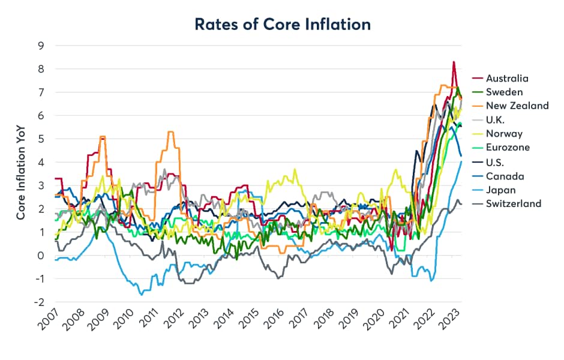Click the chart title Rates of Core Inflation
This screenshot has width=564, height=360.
(x=282, y=24)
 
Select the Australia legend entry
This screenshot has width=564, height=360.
(x=507, y=79)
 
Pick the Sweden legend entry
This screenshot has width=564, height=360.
(x=504, y=92)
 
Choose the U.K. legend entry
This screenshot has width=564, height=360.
(x=497, y=120)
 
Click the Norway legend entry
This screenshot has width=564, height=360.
(x=504, y=134)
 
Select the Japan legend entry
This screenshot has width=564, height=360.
(x=500, y=190)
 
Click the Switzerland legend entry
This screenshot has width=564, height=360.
(x=513, y=203)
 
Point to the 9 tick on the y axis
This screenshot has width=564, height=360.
(x=40, y=45)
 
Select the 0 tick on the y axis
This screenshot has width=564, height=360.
(x=40, y=256)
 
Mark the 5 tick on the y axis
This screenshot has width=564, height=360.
(x=40, y=139)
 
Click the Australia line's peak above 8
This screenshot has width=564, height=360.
(x=454, y=62)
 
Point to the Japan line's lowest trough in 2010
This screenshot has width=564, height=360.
(x=142, y=295)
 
